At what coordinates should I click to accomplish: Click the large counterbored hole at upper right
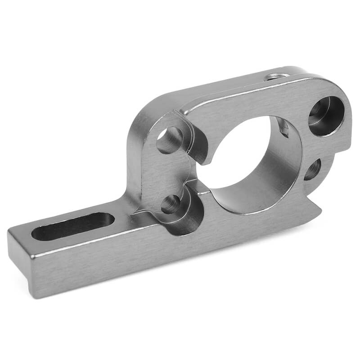coord(326,116)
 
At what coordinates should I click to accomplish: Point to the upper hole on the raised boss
coord(170,140)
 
